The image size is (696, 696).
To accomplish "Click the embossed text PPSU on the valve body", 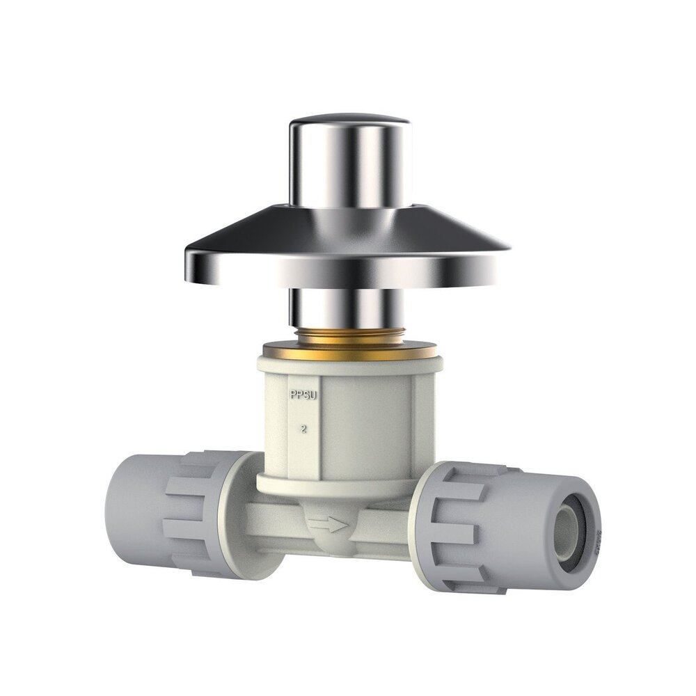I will coord(303,395).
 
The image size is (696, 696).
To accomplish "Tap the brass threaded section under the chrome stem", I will coord(348,334).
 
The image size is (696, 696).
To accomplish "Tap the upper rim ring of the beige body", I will coord(348,363).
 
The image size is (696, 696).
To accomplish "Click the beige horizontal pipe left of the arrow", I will coord(278,522).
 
